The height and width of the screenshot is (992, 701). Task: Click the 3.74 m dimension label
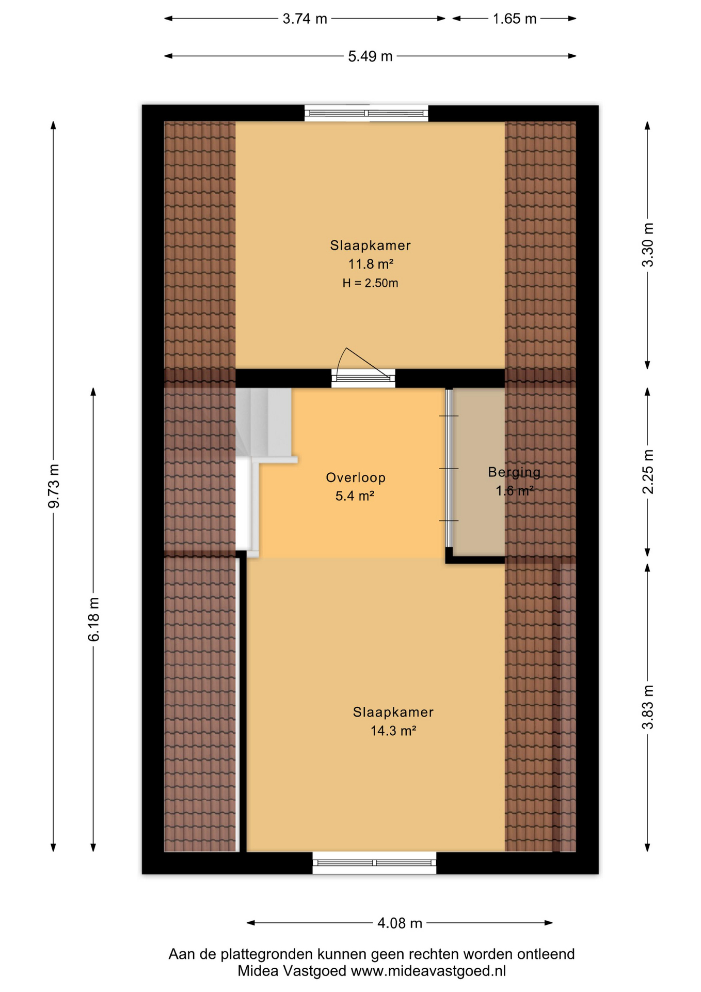click(305, 19)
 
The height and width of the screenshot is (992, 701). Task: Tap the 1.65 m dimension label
click(514, 19)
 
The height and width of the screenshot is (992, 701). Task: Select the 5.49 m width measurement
click(370, 56)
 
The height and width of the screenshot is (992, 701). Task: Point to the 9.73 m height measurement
click(54, 486)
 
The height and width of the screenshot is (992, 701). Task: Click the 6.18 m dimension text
click(93, 619)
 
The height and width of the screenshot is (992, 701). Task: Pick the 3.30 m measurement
click(647, 245)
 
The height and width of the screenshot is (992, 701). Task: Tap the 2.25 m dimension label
click(647, 472)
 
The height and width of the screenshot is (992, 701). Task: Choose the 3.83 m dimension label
click(647, 707)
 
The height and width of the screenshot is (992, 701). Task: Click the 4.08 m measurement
click(400, 923)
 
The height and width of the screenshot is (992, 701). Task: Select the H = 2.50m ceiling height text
click(370, 283)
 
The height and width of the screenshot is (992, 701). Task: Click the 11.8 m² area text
click(371, 264)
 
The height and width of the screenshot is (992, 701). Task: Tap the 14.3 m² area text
click(393, 731)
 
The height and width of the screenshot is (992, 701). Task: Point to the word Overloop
click(356, 477)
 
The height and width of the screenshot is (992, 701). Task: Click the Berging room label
click(514, 472)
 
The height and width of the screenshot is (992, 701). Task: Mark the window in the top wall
click(366, 113)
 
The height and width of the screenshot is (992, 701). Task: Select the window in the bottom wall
click(374, 863)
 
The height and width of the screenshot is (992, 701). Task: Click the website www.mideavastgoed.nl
click(428, 971)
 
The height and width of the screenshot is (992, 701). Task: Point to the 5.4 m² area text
click(355, 496)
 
